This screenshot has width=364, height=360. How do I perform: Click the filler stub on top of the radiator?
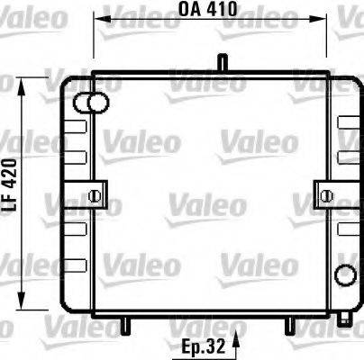click(x=219, y=63)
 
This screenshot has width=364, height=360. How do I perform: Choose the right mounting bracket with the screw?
click(x=325, y=193)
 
